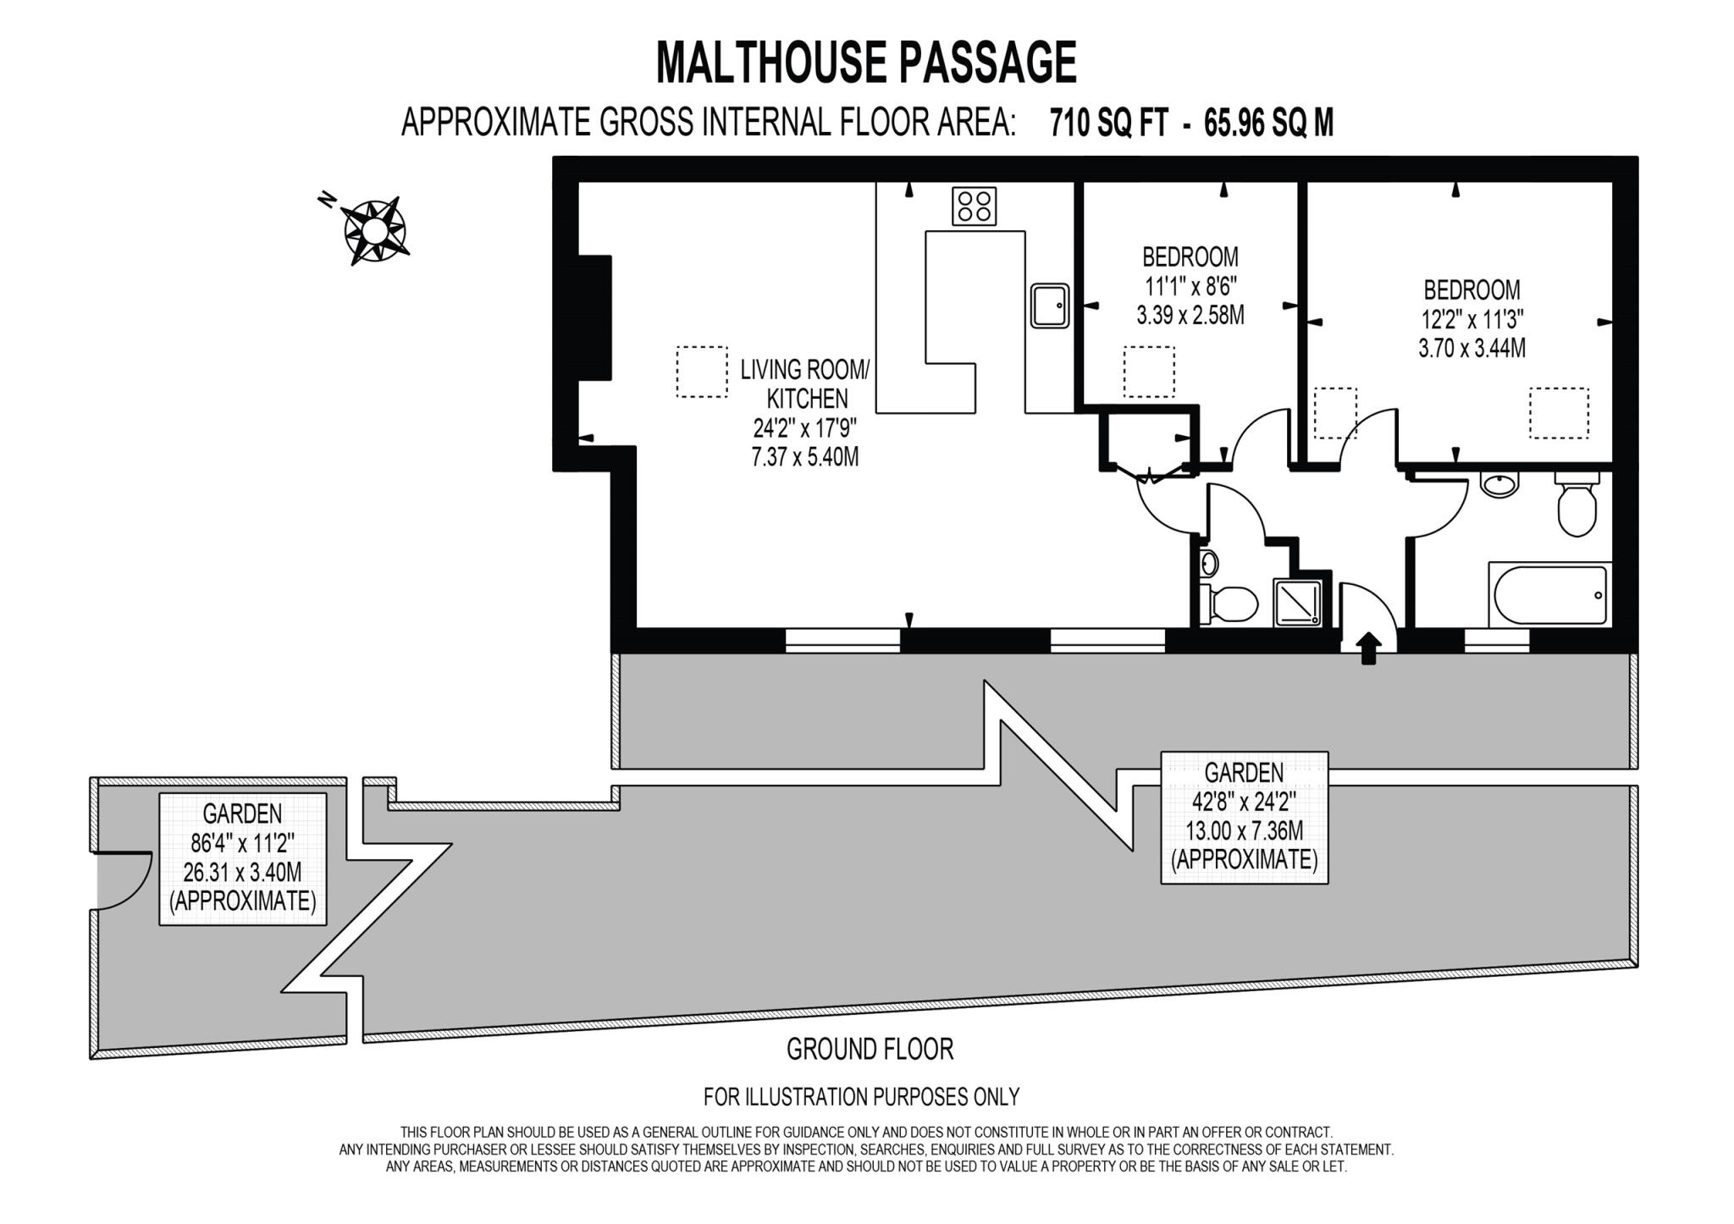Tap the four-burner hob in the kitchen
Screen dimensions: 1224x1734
tap(974, 206)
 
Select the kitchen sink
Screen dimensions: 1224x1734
tap(1050, 306)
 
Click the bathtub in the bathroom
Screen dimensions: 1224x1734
tap(1549, 595)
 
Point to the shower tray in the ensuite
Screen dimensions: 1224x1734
tap(1297, 604)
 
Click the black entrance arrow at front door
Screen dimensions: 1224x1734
tap(1369, 649)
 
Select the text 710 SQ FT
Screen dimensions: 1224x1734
tap(1108, 124)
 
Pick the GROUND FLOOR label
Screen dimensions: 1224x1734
tap(870, 1050)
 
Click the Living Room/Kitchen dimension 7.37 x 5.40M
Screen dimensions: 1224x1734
tap(804, 457)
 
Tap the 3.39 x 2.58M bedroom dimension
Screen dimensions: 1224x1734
tap(1190, 316)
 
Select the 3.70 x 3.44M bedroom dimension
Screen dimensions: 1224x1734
tap(1472, 348)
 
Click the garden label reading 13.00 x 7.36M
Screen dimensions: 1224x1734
tap(1244, 830)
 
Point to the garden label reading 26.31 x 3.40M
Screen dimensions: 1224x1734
tap(242, 872)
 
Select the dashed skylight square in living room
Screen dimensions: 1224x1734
tap(702, 372)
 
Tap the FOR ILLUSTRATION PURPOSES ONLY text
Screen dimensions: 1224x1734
tap(861, 1097)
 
